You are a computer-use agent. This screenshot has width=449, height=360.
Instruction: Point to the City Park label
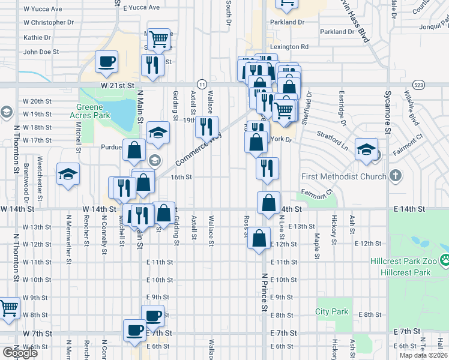pyautogui.click(x=332, y=311)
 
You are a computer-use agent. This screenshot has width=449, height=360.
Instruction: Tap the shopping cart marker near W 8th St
pyautogui.click(x=8, y=310)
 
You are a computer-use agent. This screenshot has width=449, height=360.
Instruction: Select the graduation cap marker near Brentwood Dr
pyautogui.click(x=68, y=174)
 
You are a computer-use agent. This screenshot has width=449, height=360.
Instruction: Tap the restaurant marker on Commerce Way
pyautogui.click(x=206, y=128)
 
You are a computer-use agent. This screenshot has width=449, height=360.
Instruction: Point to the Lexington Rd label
pyautogui.click(x=289, y=46)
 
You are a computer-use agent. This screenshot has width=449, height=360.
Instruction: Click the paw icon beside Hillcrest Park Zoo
pyautogui.click(x=445, y=260)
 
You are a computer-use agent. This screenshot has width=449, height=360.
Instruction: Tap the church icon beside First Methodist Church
pyautogui.click(x=395, y=176)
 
